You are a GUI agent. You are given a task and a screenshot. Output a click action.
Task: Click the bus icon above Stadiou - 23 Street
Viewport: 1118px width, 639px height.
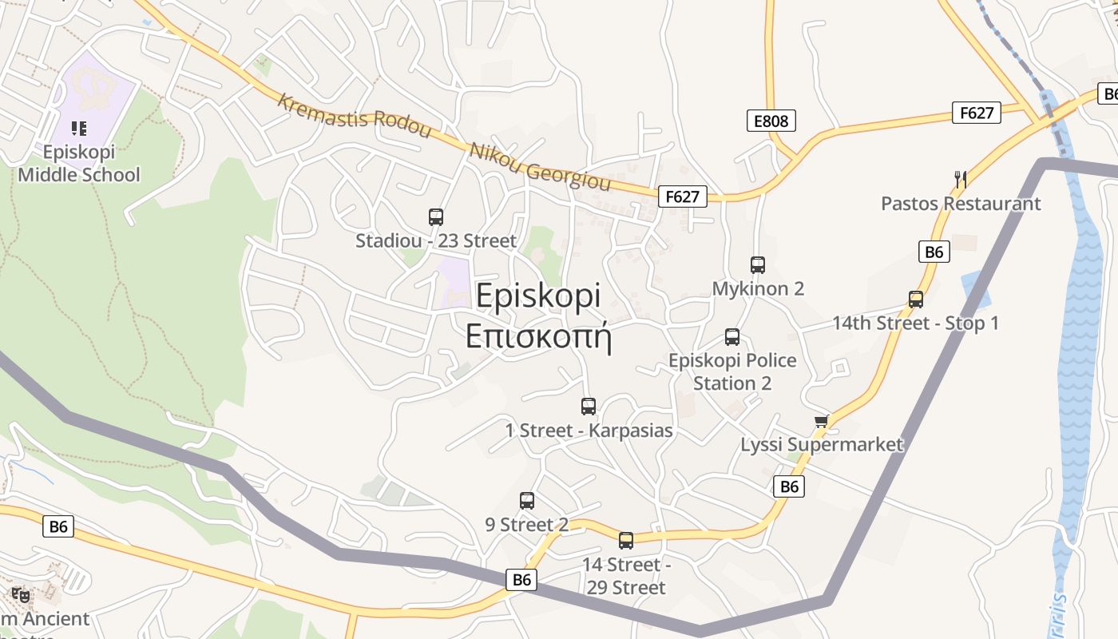436,216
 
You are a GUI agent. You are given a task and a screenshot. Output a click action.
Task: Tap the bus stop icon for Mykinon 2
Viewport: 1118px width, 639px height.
758,265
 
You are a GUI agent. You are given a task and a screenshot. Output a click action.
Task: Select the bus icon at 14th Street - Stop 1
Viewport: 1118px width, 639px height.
916,300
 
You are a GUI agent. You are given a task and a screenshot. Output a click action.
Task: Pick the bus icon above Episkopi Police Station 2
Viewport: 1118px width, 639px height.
732,337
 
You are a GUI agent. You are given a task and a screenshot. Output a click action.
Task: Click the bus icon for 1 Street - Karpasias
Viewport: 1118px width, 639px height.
589,407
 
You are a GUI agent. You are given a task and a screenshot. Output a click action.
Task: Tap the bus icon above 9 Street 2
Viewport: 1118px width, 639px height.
527,501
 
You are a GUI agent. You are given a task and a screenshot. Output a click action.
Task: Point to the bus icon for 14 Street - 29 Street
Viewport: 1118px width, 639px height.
626,541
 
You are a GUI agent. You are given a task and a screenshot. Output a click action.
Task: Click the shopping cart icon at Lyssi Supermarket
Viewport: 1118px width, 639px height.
821,421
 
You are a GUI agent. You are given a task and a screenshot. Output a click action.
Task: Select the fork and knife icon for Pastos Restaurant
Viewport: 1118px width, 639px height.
961,180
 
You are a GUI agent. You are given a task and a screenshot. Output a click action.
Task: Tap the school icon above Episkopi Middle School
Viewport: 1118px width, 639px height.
78,128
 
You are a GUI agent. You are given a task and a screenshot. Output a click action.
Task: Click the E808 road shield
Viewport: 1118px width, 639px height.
771,121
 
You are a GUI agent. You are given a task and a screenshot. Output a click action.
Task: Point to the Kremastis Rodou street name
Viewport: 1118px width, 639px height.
354,116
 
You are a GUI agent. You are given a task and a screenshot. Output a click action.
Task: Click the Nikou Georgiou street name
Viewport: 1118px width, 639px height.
540,167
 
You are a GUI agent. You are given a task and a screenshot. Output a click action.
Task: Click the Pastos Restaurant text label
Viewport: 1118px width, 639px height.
961,204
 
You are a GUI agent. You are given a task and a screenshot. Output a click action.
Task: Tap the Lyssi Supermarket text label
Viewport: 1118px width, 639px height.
822,445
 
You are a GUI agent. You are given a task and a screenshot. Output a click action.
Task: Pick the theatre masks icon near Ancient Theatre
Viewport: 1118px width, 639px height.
21,595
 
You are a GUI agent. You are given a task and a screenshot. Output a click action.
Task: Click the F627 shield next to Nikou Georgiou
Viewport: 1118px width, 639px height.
683,196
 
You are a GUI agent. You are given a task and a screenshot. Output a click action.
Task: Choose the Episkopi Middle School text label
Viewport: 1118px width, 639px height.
79,164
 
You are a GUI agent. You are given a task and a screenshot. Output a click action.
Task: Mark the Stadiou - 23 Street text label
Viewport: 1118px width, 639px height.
436,240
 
